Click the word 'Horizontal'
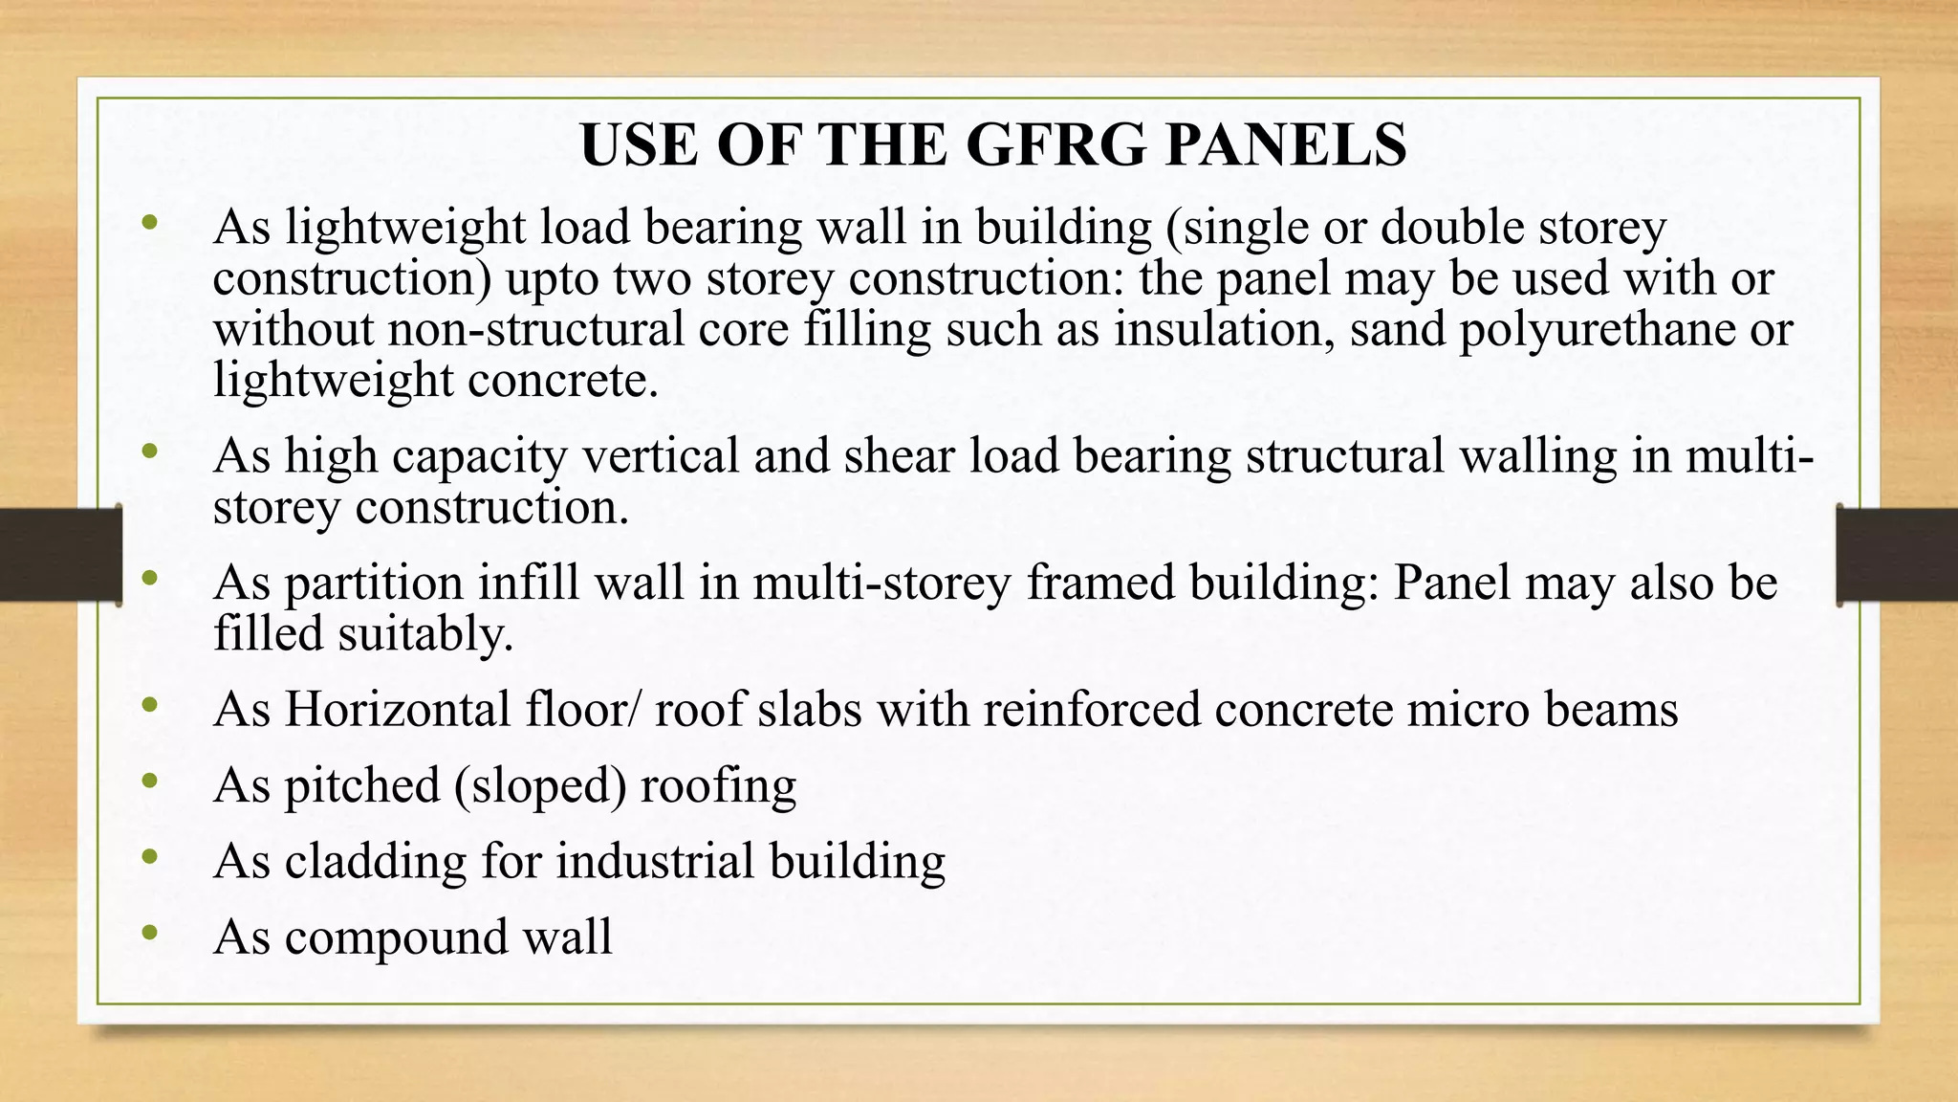coord(397,710)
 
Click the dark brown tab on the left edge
coord(60,555)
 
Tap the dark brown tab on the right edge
coord(1898,555)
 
